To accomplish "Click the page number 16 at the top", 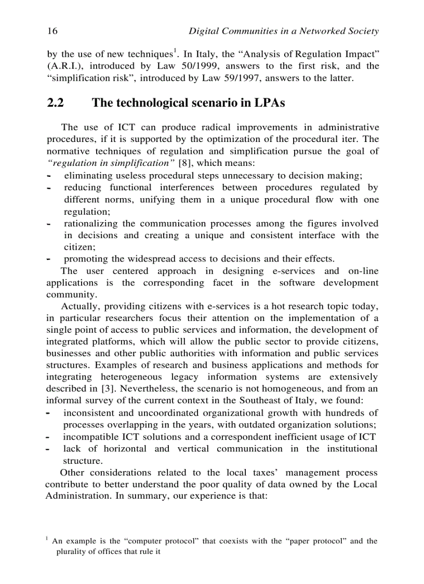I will tap(52, 31).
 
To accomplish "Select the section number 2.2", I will tap(56, 103).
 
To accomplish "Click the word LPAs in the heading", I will tap(270, 103).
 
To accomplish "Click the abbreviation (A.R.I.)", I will tap(62, 66).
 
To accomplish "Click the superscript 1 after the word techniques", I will tap(176, 51).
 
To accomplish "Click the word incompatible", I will tap(89, 437).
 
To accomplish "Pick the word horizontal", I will tap(125, 448).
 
